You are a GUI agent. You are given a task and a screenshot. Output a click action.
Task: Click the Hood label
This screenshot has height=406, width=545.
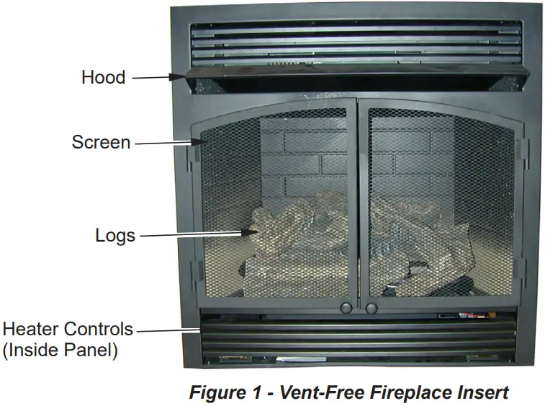(x=103, y=78)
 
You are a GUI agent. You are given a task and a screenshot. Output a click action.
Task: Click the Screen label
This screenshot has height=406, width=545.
(x=101, y=142)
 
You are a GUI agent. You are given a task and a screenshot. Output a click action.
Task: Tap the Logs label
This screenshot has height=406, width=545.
(x=115, y=235)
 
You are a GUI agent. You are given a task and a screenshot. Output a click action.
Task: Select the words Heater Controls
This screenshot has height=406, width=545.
(x=68, y=330)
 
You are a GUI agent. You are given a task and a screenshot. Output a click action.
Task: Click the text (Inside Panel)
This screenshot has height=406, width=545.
(x=60, y=351)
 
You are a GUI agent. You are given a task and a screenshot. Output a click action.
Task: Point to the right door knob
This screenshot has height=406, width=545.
(x=371, y=307)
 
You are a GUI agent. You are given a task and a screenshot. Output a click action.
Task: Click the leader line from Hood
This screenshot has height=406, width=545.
(x=157, y=77)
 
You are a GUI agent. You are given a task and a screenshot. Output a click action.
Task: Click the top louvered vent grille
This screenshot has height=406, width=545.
(x=355, y=45)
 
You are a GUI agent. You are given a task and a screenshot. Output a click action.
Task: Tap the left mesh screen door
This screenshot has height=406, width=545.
(x=277, y=206)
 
